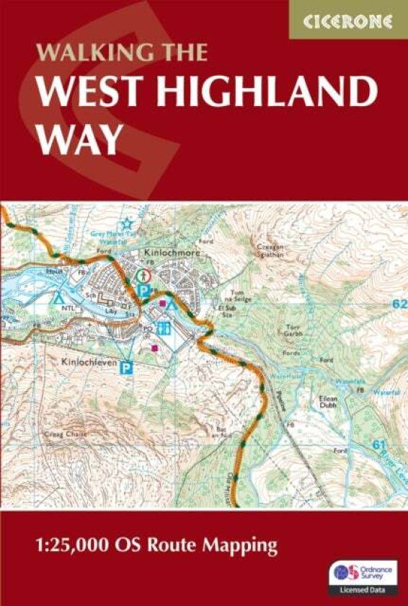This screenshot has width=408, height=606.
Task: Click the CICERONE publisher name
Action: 348,21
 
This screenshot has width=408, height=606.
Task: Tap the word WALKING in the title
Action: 84,53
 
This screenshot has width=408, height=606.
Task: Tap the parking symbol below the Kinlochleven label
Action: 127,367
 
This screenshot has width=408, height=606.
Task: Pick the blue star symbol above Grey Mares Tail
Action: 128,224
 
